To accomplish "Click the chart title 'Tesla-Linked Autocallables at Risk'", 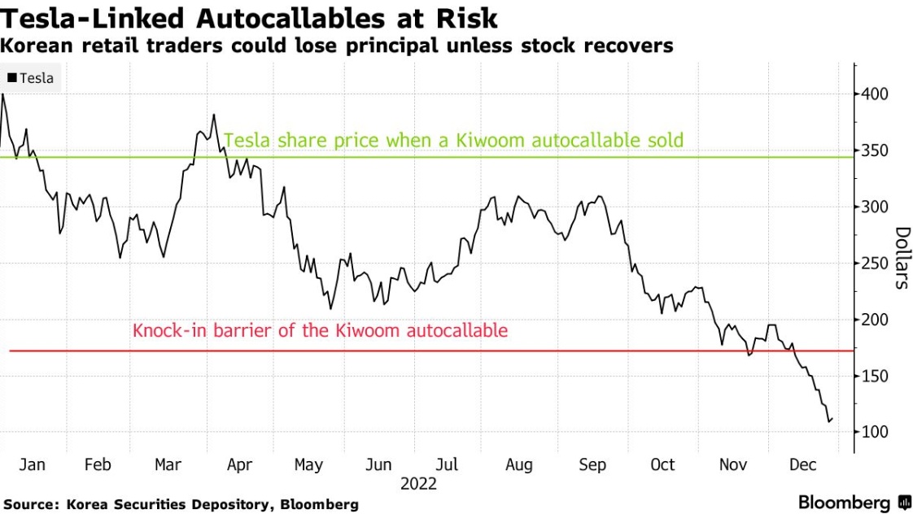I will (250, 18).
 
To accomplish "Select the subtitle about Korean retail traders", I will (337, 46).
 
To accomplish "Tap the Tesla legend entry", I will (31, 78).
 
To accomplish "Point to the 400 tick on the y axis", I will (875, 94).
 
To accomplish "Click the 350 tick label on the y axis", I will (875, 150).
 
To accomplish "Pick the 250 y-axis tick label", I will (875, 264).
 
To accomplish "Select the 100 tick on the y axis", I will (875, 432).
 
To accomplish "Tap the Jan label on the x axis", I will (32, 464).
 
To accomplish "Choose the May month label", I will (308, 464).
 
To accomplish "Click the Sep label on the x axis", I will (592, 464).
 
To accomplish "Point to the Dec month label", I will (802, 464).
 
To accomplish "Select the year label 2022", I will (418, 484).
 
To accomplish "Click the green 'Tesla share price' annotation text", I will (453, 141).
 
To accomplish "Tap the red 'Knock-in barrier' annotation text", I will (320, 331).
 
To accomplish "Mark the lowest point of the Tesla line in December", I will (829, 422).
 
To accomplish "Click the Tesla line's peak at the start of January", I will (3, 94).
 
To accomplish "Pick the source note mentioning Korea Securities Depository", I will (180, 504).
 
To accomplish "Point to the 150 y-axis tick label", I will (875, 376).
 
